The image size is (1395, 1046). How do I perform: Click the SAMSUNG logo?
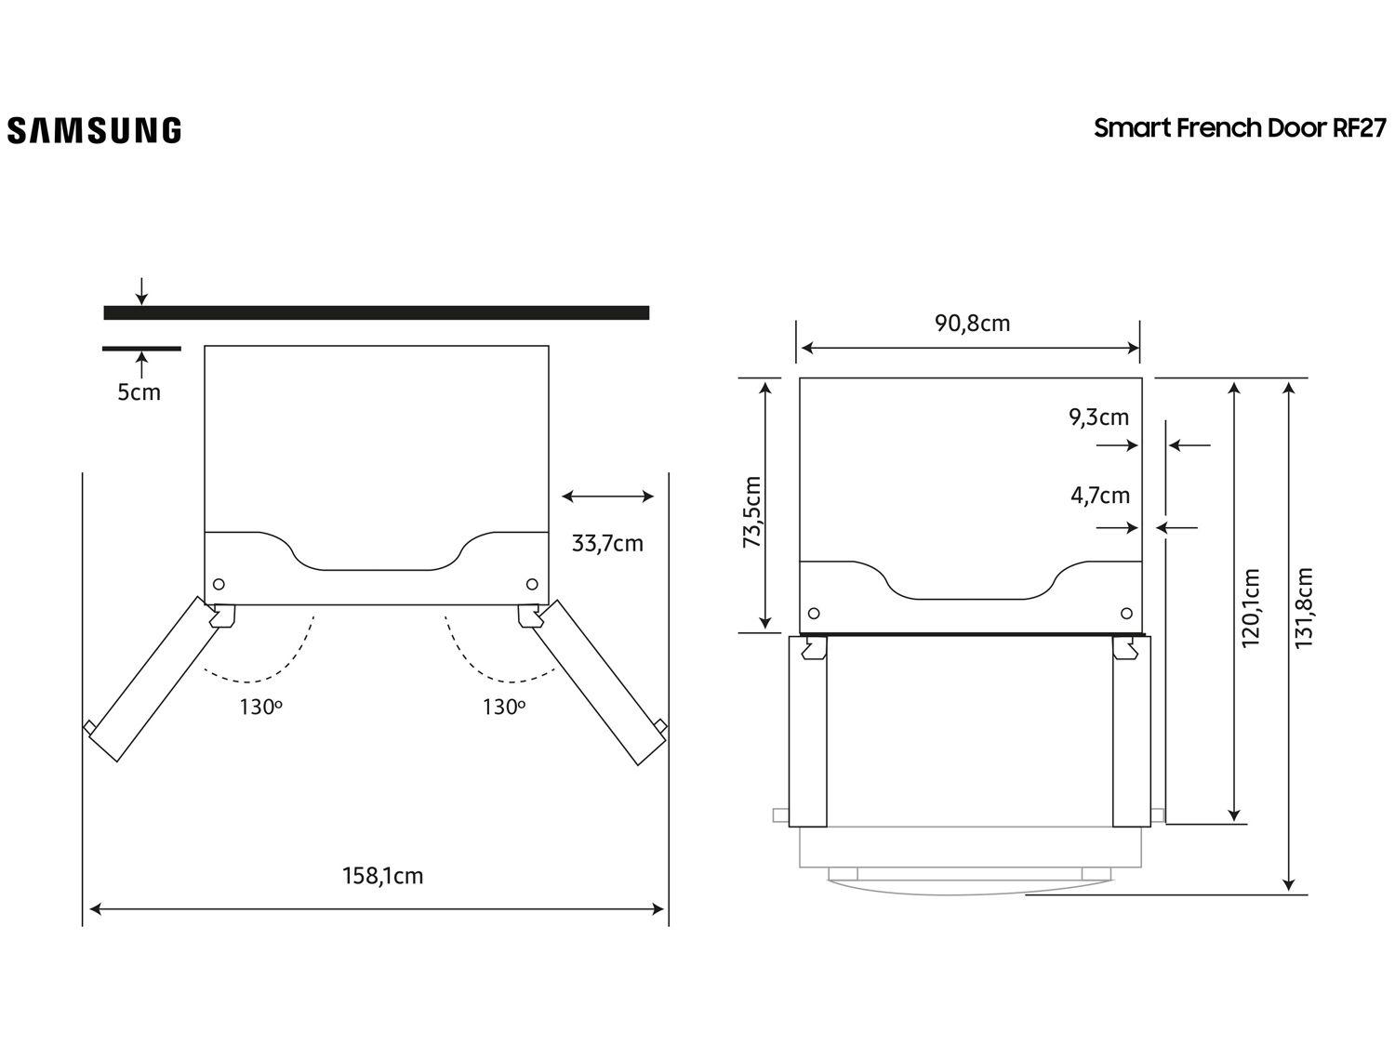94,130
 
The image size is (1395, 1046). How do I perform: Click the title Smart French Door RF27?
1239,128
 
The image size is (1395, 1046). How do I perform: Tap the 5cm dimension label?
139,392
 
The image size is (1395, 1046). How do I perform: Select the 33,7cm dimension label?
607,543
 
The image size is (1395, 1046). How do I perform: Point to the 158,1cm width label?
383,876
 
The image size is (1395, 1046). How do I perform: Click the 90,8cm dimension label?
972,324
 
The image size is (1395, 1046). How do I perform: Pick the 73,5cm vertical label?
752,511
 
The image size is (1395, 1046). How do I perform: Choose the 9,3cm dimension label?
1098,417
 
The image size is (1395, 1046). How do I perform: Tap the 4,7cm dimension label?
1100,496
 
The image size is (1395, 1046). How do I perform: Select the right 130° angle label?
503,707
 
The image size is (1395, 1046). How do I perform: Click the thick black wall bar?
376,312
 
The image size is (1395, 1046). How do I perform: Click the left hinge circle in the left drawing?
219,584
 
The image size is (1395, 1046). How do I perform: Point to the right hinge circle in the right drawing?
1127,614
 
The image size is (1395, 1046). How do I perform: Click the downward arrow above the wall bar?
141,291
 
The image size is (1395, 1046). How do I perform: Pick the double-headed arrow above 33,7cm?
608,497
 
